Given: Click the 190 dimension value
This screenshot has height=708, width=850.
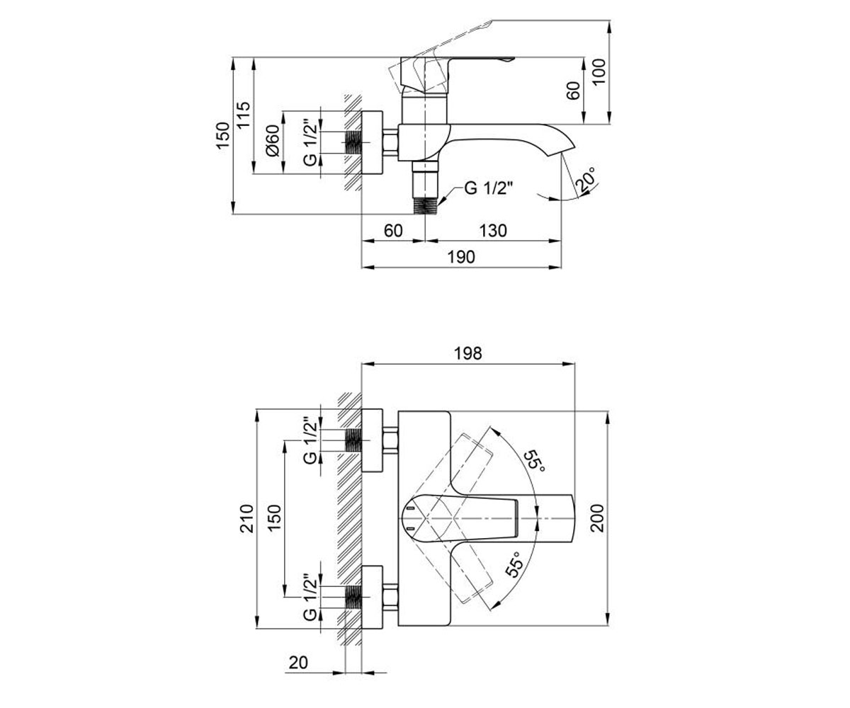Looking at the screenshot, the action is [461, 257].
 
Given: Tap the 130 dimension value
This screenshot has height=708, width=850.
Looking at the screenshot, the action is [493, 231].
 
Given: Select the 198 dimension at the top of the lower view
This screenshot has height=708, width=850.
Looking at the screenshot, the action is [468, 353].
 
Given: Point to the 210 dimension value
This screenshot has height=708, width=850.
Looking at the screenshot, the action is [247, 518].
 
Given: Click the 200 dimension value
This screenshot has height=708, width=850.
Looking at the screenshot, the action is [597, 518].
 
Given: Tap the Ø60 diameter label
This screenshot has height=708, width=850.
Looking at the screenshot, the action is [273, 140].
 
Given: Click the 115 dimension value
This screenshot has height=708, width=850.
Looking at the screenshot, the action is [244, 115].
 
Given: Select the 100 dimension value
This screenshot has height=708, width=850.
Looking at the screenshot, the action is [599, 72].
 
